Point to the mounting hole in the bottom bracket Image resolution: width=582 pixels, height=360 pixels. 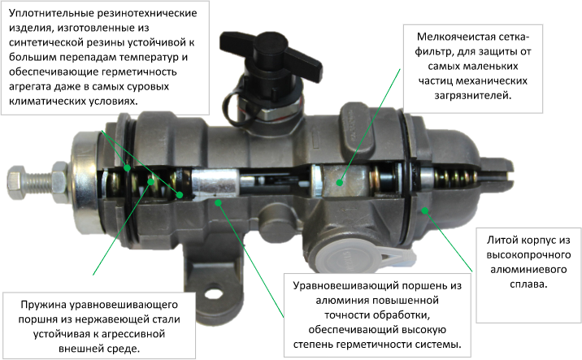click(x=213, y=294)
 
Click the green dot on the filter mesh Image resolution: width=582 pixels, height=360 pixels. click(x=339, y=183)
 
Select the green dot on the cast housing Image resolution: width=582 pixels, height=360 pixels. click(x=424, y=210)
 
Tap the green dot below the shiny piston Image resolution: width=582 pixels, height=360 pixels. click(x=218, y=202)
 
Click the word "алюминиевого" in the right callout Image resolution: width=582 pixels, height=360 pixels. click(x=528, y=270)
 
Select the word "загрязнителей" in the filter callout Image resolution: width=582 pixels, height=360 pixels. click(x=472, y=96)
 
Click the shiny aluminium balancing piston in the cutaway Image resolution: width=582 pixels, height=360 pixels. click(x=215, y=183)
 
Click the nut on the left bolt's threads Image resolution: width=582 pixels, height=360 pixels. click(x=60, y=182)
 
